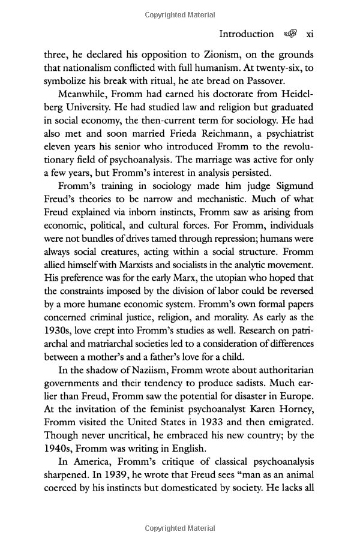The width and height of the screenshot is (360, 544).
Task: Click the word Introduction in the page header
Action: click(x=246, y=34)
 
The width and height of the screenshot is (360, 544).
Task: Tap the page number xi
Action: click(x=309, y=34)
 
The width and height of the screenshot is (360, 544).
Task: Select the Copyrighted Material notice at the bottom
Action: click(x=180, y=528)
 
